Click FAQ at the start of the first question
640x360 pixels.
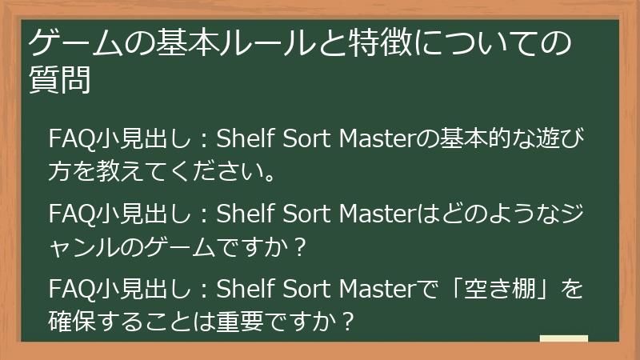[x=70, y=138]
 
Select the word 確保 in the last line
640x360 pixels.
[x=70, y=323]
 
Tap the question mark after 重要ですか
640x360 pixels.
[x=346, y=323]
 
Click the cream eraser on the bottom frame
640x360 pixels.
[x=563, y=339]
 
